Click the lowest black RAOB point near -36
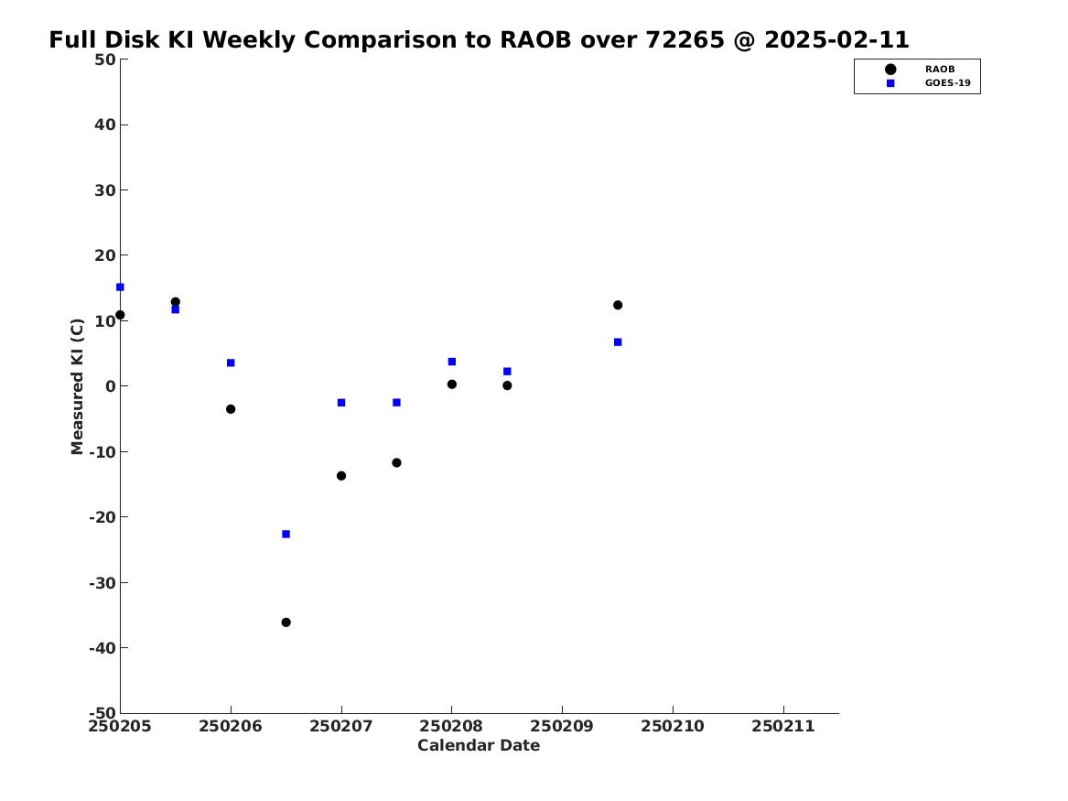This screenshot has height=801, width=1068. (286, 622)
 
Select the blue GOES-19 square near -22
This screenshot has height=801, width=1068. (286, 534)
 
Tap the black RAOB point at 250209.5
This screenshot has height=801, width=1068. (618, 305)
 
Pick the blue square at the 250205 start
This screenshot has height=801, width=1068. (120, 287)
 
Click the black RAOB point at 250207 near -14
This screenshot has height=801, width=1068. (341, 476)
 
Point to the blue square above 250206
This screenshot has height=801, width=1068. (231, 363)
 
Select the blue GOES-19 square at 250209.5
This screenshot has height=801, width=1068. (618, 342)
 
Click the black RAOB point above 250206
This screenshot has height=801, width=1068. (231, 409)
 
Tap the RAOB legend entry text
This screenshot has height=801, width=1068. (940, 69)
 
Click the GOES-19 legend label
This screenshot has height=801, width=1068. (947, 83)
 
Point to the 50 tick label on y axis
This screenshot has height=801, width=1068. (105, 60)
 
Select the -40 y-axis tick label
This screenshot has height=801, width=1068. (102, 648)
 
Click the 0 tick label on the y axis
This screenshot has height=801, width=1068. (111, 386)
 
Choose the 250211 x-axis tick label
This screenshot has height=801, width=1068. (783, 727)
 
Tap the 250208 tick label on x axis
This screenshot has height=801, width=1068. (451, 727)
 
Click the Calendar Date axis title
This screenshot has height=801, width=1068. (479, 746)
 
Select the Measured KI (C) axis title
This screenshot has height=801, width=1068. (77, 386)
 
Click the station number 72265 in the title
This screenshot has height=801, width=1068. (685, 40)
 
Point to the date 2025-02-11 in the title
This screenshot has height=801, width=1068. (837, 40)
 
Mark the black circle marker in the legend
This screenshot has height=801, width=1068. (890, 70)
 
